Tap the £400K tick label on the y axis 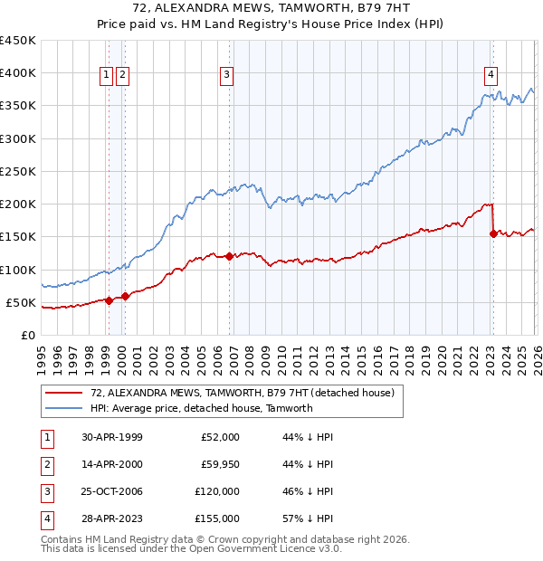pos(18,73)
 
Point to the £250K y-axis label pos(18,171)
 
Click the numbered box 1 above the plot pos(107,75)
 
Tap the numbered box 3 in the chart pos(226,75)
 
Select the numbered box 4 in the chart pos(491,75)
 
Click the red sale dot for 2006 pos(230,256)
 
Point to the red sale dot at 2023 pos(493,233)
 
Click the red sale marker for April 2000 pos(125,295)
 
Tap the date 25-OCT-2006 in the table pos(111,491)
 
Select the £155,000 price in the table pos(217,518)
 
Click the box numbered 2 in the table pos(46,464)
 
